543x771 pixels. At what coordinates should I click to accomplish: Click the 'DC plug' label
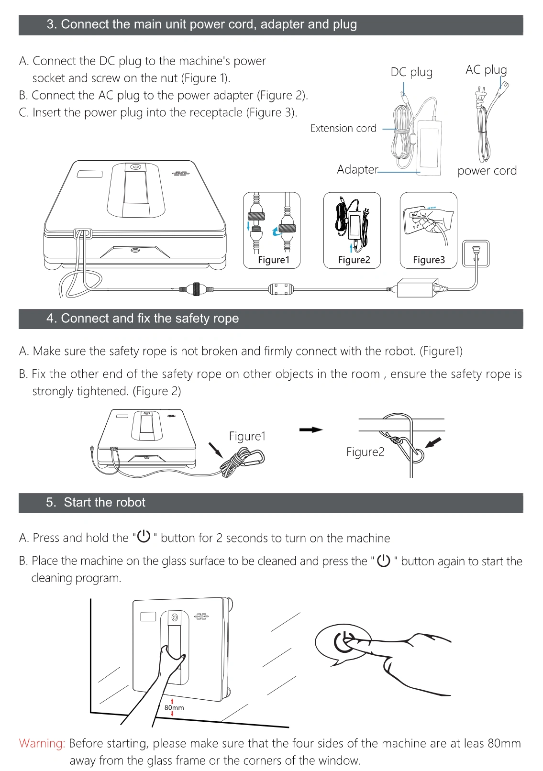coord(411,72)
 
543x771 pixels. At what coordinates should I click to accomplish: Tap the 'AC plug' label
coord(486,70)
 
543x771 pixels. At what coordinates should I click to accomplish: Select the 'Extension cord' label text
coord(343,128)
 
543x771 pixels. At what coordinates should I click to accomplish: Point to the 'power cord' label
coord(487,171)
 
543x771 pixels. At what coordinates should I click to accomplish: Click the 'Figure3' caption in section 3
coord(429,260)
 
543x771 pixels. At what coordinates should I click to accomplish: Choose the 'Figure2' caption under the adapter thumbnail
coord(354,260)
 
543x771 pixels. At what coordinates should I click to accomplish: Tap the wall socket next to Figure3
coord(476,253)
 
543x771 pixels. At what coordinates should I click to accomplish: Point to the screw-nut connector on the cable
coord(196,289)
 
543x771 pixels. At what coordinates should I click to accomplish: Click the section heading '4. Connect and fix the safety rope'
coord(143,319)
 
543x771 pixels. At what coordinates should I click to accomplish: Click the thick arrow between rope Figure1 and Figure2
coord(311,430)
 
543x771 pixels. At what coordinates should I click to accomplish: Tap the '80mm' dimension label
coord(174,707)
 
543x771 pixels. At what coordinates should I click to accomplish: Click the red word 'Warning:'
coord(42,743)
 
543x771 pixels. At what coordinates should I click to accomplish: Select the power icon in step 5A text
coord(144,537)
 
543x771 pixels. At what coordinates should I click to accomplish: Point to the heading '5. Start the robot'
coord(96,503)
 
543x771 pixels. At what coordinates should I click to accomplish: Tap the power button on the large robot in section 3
coord(136,167)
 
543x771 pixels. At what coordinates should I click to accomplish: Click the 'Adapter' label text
coord(357,170)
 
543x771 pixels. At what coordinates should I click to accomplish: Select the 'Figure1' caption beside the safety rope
coord(247,436)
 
